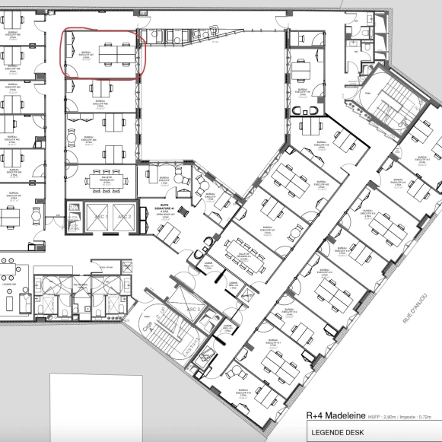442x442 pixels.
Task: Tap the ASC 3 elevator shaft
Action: coord(192,310)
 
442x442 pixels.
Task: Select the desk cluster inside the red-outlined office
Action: coord(115,53)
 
